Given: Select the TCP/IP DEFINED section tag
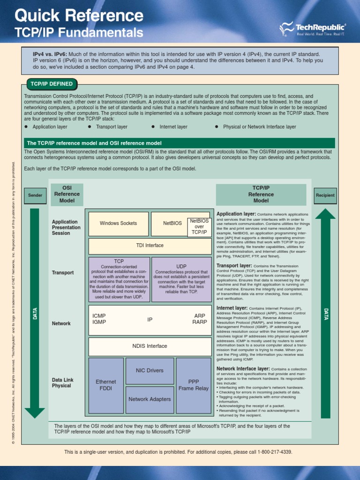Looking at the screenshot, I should [x=52, y=84].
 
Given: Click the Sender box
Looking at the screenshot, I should [x=35, y=195].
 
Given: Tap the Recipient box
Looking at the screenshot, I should [x=325, y=195].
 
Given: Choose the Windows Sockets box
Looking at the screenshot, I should [x=118, y=224].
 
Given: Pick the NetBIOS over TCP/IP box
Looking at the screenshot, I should [x=199, y=226].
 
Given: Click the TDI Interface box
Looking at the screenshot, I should [x=150, y=246].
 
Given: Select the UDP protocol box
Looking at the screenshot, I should [x=181, y=279].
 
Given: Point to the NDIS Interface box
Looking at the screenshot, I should [x=150, y=346].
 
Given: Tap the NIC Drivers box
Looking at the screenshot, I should [x=150, y=370].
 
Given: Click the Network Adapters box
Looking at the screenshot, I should [x=150, y=399].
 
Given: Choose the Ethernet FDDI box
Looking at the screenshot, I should [x=106, y=385].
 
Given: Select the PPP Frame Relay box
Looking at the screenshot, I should [x=194, y=385].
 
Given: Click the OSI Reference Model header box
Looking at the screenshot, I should [x=67, y=194].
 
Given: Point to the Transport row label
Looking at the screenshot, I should [x=63, y=273].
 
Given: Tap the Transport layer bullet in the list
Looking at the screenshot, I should [x=112, y=127].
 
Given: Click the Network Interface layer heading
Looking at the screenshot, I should [x=243, y=369].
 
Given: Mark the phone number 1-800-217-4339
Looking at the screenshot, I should [x=274, y=452].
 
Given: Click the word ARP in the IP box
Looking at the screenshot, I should [x=200, y=316].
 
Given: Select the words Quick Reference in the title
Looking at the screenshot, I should [x=79, y=16].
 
